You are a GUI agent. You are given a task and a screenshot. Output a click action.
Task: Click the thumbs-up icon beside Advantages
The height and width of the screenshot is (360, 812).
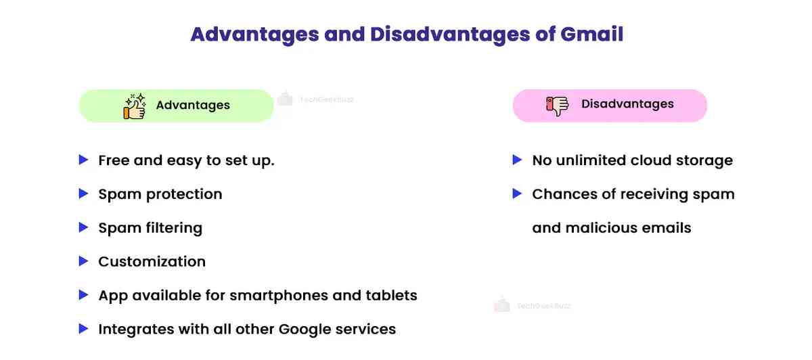[135, 106]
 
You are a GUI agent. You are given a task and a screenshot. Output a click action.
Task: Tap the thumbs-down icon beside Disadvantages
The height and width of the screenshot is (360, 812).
[558, 105]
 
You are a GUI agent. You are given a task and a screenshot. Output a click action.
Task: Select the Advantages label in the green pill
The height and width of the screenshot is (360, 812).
[193, 106]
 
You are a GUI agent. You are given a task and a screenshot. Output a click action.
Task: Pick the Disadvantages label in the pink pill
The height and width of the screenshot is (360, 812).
[627, 104]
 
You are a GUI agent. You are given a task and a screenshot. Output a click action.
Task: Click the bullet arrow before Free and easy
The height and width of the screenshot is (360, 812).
[83, 160]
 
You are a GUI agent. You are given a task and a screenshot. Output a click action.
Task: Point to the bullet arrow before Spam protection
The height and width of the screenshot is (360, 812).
[83, 194]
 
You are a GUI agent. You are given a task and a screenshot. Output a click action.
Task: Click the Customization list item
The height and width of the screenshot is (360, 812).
[152, 262]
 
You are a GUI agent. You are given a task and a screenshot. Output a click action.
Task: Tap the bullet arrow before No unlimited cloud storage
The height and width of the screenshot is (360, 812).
[517, 160]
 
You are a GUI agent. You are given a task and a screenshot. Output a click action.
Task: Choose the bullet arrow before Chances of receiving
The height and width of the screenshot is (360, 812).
[517, 194]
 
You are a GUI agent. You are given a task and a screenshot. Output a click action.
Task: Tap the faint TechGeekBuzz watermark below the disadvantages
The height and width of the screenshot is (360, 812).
[534, 306]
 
